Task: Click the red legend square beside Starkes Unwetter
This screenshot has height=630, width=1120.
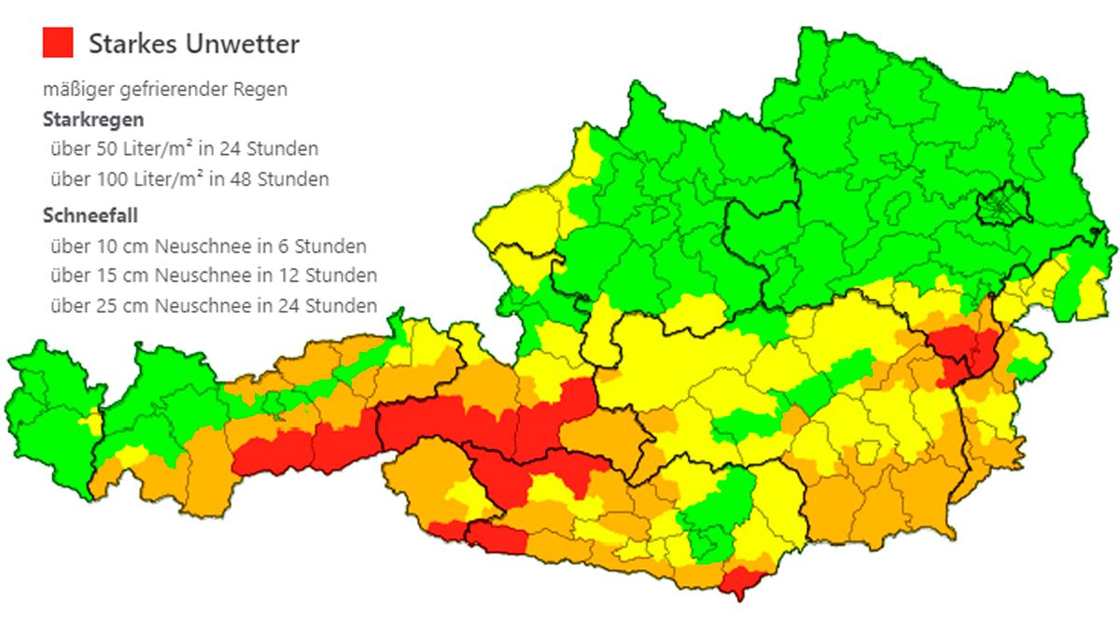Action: pyautogui.click(x=58, y=43)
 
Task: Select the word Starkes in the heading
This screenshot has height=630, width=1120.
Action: pyautogui.click(x=133, y=44)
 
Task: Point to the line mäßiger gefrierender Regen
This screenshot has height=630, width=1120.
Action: pyautogui.click(x=165, y=91)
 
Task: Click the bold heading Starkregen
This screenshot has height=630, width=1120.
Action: pyautogui.click(x=93, y=119)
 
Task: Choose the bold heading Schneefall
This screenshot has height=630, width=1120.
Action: pyautogui.click(x=91, y=217)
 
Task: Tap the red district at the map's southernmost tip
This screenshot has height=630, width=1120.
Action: pyautogui.click(x=742, y=582)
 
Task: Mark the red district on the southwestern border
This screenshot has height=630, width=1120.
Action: pyautogui.click(x=495, y=539)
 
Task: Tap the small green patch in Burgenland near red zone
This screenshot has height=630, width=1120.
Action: pyautogui.click(x=1024, y=369)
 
